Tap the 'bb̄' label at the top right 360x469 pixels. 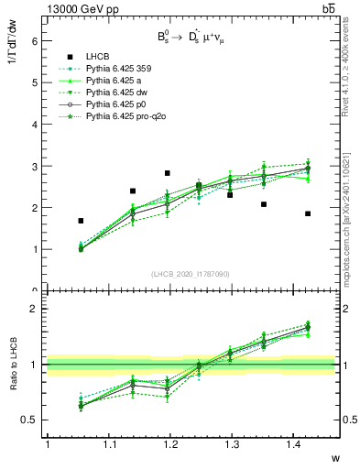click(x=328, y=8)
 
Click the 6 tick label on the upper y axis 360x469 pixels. click(x=34, y=41)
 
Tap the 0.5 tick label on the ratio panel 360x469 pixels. click(x=30, y=420)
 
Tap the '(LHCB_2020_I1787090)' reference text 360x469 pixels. click(x=190, y=274)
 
